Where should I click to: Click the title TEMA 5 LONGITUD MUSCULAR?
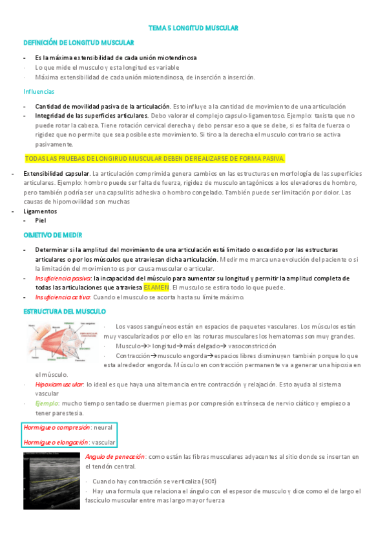tap(193, 28)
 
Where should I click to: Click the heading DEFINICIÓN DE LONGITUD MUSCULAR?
tap(78, 43)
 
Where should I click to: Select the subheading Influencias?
tap(39, 91)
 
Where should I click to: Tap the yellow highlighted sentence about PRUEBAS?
tap(154, 158)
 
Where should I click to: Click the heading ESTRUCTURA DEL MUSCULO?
tap(65, 311)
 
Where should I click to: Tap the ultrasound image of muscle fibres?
tap(51, 481)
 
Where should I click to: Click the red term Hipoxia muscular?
tap(60, 385)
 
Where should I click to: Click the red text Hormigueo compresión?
tap(56, 428)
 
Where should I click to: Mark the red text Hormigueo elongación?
tap(56, 443)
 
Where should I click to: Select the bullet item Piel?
tap(41, 220)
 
